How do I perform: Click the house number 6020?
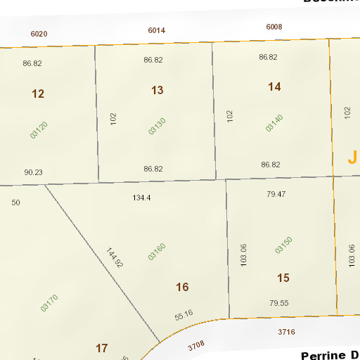click(39, 34)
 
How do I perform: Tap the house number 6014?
click(157, 30)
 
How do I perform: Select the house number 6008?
click(274, 27)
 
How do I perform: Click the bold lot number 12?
click(38, 94)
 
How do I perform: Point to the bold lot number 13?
click(157, 90)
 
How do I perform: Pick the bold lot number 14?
click(274, 86)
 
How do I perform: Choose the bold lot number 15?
click(283, 278)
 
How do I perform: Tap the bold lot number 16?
click(182, 287)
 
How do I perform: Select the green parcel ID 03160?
click(157, 252)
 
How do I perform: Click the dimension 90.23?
click(33, 172)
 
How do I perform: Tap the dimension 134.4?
click(141, 198)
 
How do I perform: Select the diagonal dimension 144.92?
click(115, 258)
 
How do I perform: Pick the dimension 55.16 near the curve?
click(184, 314)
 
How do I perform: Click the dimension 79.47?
click(276, 193)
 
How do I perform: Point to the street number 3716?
click(286, 330)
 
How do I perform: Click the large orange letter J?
click(352, 157)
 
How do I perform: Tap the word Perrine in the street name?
click(326, 356)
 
